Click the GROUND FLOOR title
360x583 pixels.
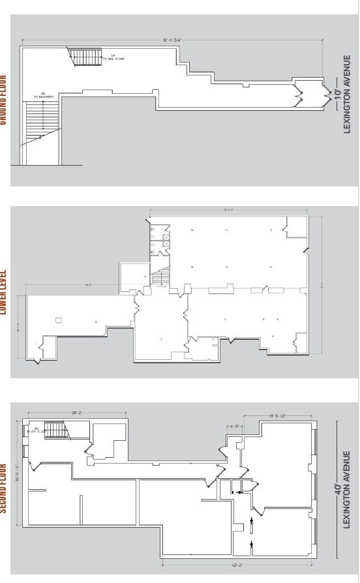click(x=3, y=102)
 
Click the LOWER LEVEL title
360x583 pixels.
click(x=3, y=293)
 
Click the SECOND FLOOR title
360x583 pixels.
click(x=3, y=488)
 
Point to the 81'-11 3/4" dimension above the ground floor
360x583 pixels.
click(x=172, y=40)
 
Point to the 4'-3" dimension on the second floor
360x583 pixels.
click(x=236, y=426)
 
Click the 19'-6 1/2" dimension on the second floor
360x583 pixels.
click(x=277, y=415)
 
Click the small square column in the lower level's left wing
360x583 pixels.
click(x=58, y=320)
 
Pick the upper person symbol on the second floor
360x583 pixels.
click(x=252, y=520)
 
